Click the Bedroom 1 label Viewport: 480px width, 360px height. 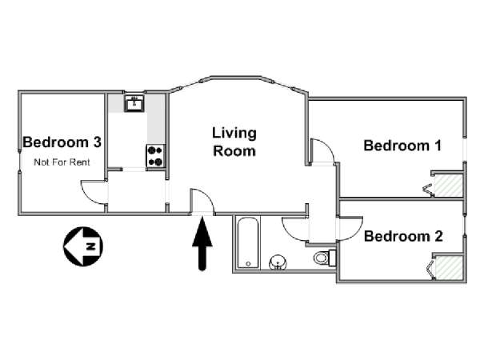(402, 146)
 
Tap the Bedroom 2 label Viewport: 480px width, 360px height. (403, 236)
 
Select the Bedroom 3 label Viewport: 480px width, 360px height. (62, 142)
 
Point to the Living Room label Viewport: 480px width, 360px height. (234, 142)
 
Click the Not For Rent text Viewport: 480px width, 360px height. (62, 162)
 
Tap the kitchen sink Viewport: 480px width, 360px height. (134, 103)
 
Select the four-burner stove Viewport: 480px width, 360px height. (155, 156)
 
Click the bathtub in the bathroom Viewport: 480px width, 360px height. (248, 242)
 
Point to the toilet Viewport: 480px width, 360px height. (325, 258)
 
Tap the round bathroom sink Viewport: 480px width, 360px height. (278, 262)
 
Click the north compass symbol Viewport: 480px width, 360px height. (83, 246)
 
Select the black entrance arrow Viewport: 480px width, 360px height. (202, 244)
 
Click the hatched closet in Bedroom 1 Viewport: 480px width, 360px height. (449, 186)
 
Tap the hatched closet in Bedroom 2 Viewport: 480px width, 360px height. (449, 268)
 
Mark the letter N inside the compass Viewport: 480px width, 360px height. (90, 246)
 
